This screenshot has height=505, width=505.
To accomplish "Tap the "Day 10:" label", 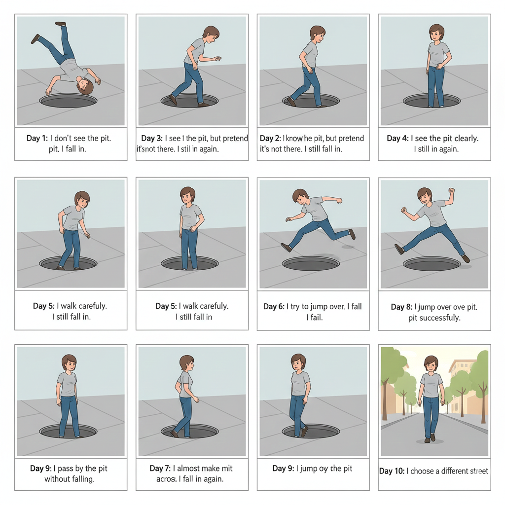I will [392, 471].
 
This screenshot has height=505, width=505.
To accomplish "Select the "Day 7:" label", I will [160, 468].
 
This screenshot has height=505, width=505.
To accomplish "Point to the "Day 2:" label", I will [270, 139].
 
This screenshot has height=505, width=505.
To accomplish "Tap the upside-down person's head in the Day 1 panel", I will [85, 87].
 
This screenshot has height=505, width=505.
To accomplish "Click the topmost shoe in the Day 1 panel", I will [60, 23].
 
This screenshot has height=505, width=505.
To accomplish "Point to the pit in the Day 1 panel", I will [69, 102].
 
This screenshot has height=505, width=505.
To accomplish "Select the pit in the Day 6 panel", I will [311, 263].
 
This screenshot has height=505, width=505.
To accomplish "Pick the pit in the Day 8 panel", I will [432, 264].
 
